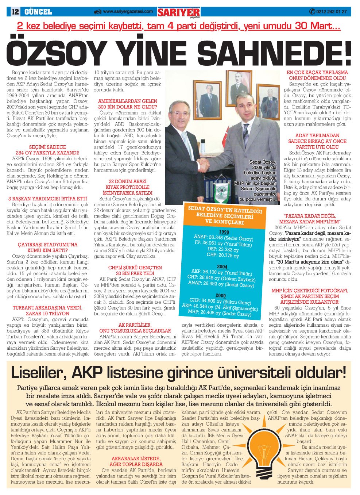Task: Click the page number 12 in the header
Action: (x=15, y=12)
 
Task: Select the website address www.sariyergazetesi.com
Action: (x=128, y=12)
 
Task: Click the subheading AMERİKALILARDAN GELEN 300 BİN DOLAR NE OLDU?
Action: (x=127, y=104)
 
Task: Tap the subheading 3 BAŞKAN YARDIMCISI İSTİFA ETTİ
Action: (x=47, y=199)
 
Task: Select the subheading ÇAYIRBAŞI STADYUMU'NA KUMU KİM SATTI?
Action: (x=47, y=247)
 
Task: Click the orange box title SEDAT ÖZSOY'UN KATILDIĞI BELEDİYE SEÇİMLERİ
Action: (x=225, y=216)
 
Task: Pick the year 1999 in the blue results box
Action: (x=224, y=232)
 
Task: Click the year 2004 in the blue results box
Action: (x=222, y=266)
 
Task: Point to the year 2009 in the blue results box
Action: (x=220, y=295)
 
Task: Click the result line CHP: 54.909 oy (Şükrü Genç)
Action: (x=220, y=302)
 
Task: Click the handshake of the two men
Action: (x=203, y=165)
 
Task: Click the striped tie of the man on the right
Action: (x=245, y=135)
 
